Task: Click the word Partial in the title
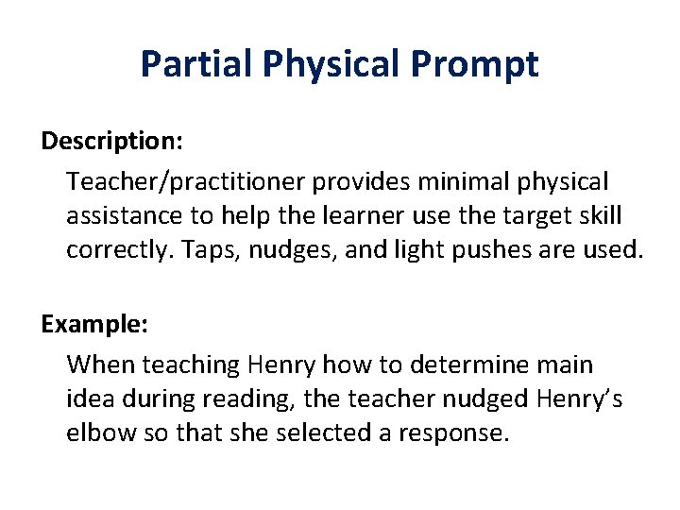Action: coord(196,64)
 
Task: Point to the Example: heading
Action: coord(93,324)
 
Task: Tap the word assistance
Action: coord(127,215)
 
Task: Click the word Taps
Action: coord(208,251)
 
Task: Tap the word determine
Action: coord(468,364)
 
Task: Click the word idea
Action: coord(88,399)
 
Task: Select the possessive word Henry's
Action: coord(578,399)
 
